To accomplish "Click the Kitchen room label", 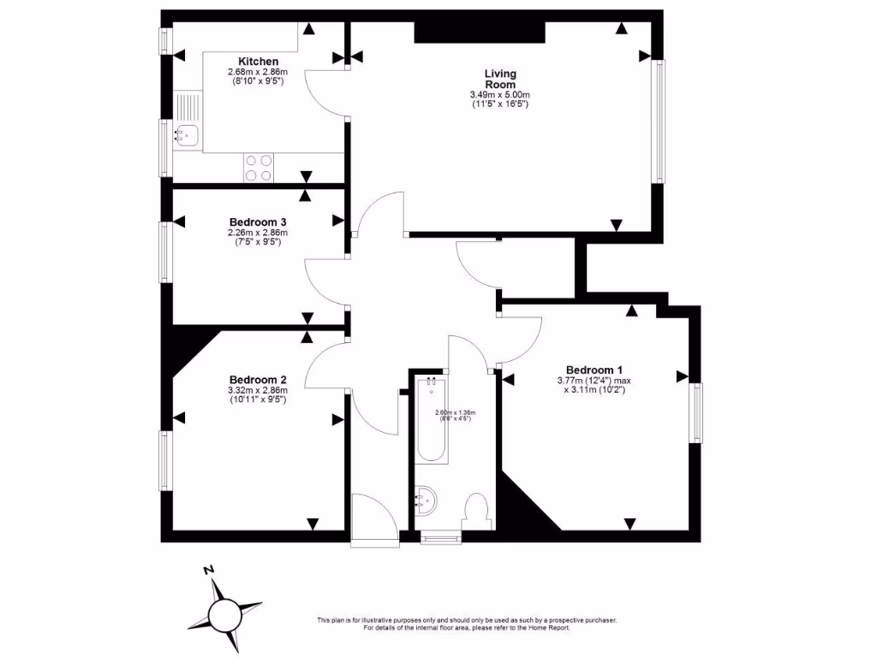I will tap(258, 62).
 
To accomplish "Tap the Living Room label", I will tap(500, 80).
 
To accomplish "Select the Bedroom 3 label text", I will tap(258, 222).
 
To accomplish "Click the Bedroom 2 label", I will tap(258, 380).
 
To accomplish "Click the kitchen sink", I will tap(186, 134).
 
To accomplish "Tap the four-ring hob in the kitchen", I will tap(259, 167).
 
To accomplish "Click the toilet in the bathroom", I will tap(474, 512).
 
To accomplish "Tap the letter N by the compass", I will tap(207, 570).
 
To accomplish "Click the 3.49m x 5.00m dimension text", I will tap(500, 95).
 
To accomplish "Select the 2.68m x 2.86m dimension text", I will tap(258, 73).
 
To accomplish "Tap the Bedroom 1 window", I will tap(697, 413).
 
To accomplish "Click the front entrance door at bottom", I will tap(374, 517).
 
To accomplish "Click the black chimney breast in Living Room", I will tap(480, 33).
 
